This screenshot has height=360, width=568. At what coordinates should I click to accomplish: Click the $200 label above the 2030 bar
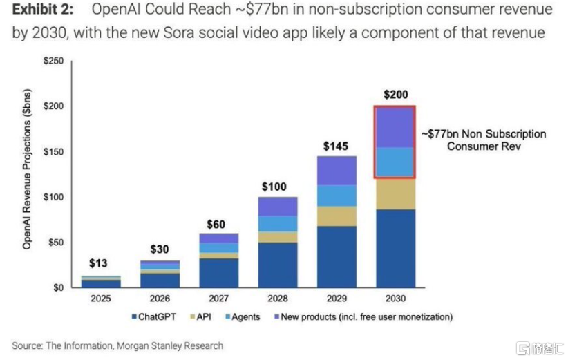click(x=395, y=95)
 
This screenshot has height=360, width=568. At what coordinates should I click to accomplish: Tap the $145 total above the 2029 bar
click(x=337, y=146)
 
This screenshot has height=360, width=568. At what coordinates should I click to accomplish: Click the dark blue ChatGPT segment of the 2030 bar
click(x=395, y=249)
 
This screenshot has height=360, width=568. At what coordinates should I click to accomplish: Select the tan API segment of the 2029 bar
click(x=337, y=216)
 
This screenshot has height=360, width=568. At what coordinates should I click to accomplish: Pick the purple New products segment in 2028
click(x=278, y=206)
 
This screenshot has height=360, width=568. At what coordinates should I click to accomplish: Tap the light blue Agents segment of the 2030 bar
click(x=395, y=162)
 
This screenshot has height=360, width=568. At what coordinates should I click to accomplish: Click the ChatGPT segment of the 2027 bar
click(x=219, y=273)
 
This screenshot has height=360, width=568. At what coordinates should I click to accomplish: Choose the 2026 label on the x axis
click(x=160, y=299)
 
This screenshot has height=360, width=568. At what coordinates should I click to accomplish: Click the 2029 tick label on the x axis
click(x=336, y=299)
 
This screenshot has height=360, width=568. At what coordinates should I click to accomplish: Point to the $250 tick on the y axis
click(x=53, y=61)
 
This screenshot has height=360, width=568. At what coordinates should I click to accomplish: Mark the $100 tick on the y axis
click(x=53, y=197)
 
